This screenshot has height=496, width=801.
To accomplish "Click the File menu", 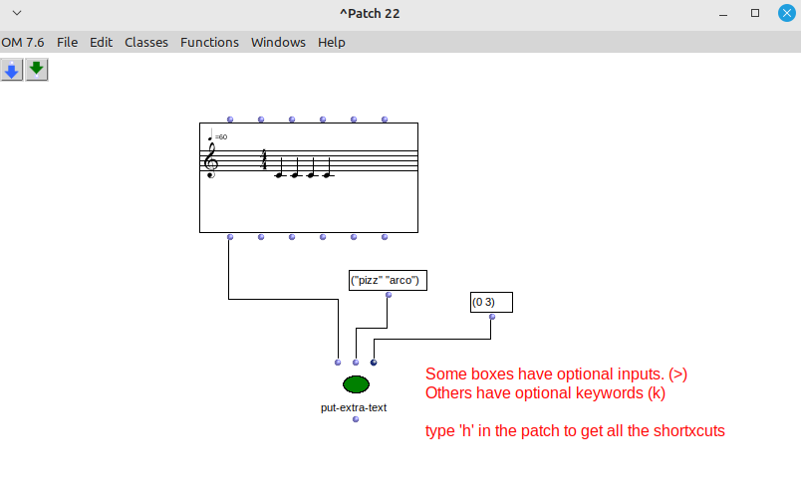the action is tap(67, 43).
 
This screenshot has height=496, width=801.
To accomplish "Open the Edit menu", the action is tap(102, 43).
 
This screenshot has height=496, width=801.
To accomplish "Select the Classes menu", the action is tap(146, 43).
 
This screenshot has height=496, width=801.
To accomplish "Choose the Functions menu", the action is tap(209, 43).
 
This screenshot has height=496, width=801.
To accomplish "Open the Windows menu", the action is tap(278, 43).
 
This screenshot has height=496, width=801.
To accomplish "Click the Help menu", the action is tap(332, 43).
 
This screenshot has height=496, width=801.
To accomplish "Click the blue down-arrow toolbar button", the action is tap(12, 70).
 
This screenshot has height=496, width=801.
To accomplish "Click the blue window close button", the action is tap(787, 13).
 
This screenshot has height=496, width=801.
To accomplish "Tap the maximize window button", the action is tap(755, 13).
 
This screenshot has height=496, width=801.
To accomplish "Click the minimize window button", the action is tap(723, 14).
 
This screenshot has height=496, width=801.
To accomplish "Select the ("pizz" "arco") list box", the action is tap(388, 281).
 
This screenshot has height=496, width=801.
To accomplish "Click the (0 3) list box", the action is tap(491, 303).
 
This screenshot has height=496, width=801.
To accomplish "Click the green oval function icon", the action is tap(356, 384).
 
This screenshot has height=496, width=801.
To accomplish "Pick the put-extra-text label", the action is tap(354, 407).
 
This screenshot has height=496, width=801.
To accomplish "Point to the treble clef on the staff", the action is tap(210, 161).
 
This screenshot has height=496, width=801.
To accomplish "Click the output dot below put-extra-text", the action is tap(356, 419).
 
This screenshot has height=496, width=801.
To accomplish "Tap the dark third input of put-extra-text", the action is tap(374, 363).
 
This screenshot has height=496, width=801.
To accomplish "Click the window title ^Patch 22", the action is tap(370, 14).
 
